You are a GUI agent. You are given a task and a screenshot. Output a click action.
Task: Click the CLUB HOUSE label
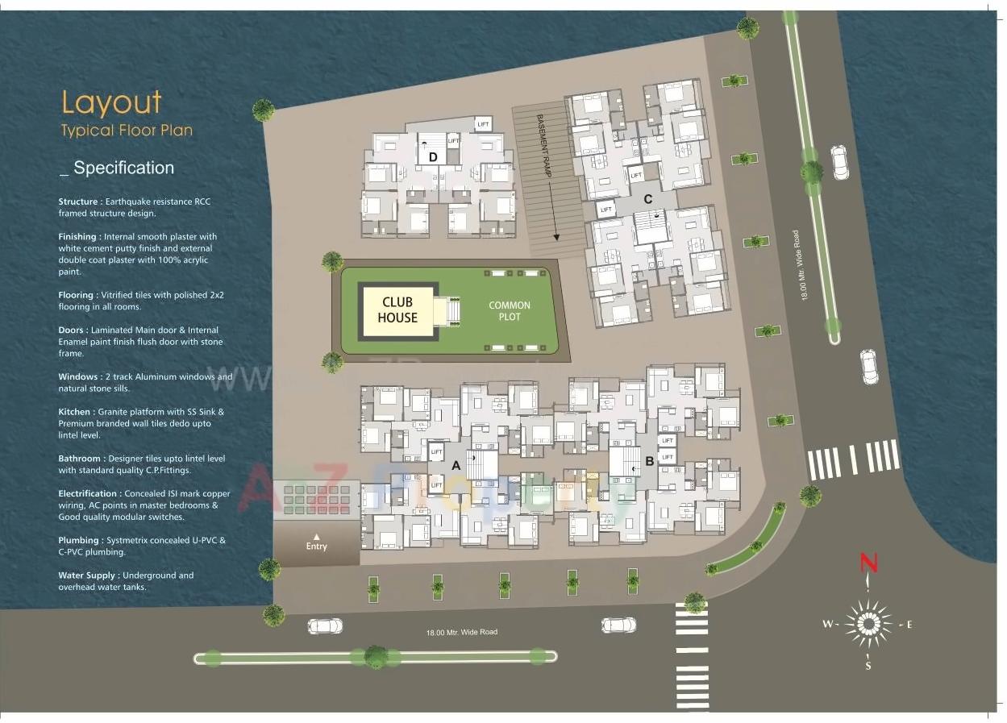[x=398, y=310]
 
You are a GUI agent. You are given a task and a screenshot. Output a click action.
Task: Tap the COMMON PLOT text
[x=510, y=311]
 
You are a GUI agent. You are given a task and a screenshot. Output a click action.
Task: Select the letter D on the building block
[x=433, y=157]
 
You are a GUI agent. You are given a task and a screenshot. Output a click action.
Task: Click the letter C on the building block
[x=647, y=199]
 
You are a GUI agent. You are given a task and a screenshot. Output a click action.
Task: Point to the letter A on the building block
[x=456, y=465]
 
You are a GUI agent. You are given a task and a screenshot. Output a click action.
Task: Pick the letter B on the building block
[x=649, y=463]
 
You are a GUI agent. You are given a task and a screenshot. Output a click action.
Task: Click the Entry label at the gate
[x=317, y=546]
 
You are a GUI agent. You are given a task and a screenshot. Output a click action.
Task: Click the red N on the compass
[x=868, y=563]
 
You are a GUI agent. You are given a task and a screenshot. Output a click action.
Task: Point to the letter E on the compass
[x=909, y=625]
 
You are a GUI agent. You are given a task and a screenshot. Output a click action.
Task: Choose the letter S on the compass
[x=868, y=667]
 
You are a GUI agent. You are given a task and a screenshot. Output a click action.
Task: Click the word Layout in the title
[x=112, y=102]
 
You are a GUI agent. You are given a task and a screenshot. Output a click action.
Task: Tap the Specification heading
[x=123, y=168]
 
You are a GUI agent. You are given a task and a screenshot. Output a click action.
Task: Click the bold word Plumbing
[x=79, y=540]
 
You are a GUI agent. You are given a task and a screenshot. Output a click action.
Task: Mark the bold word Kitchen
[x=74, y=412]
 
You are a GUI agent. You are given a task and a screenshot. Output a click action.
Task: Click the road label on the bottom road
[x=462, y=632]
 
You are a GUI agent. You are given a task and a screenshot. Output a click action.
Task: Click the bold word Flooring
[x=77, y=295]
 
